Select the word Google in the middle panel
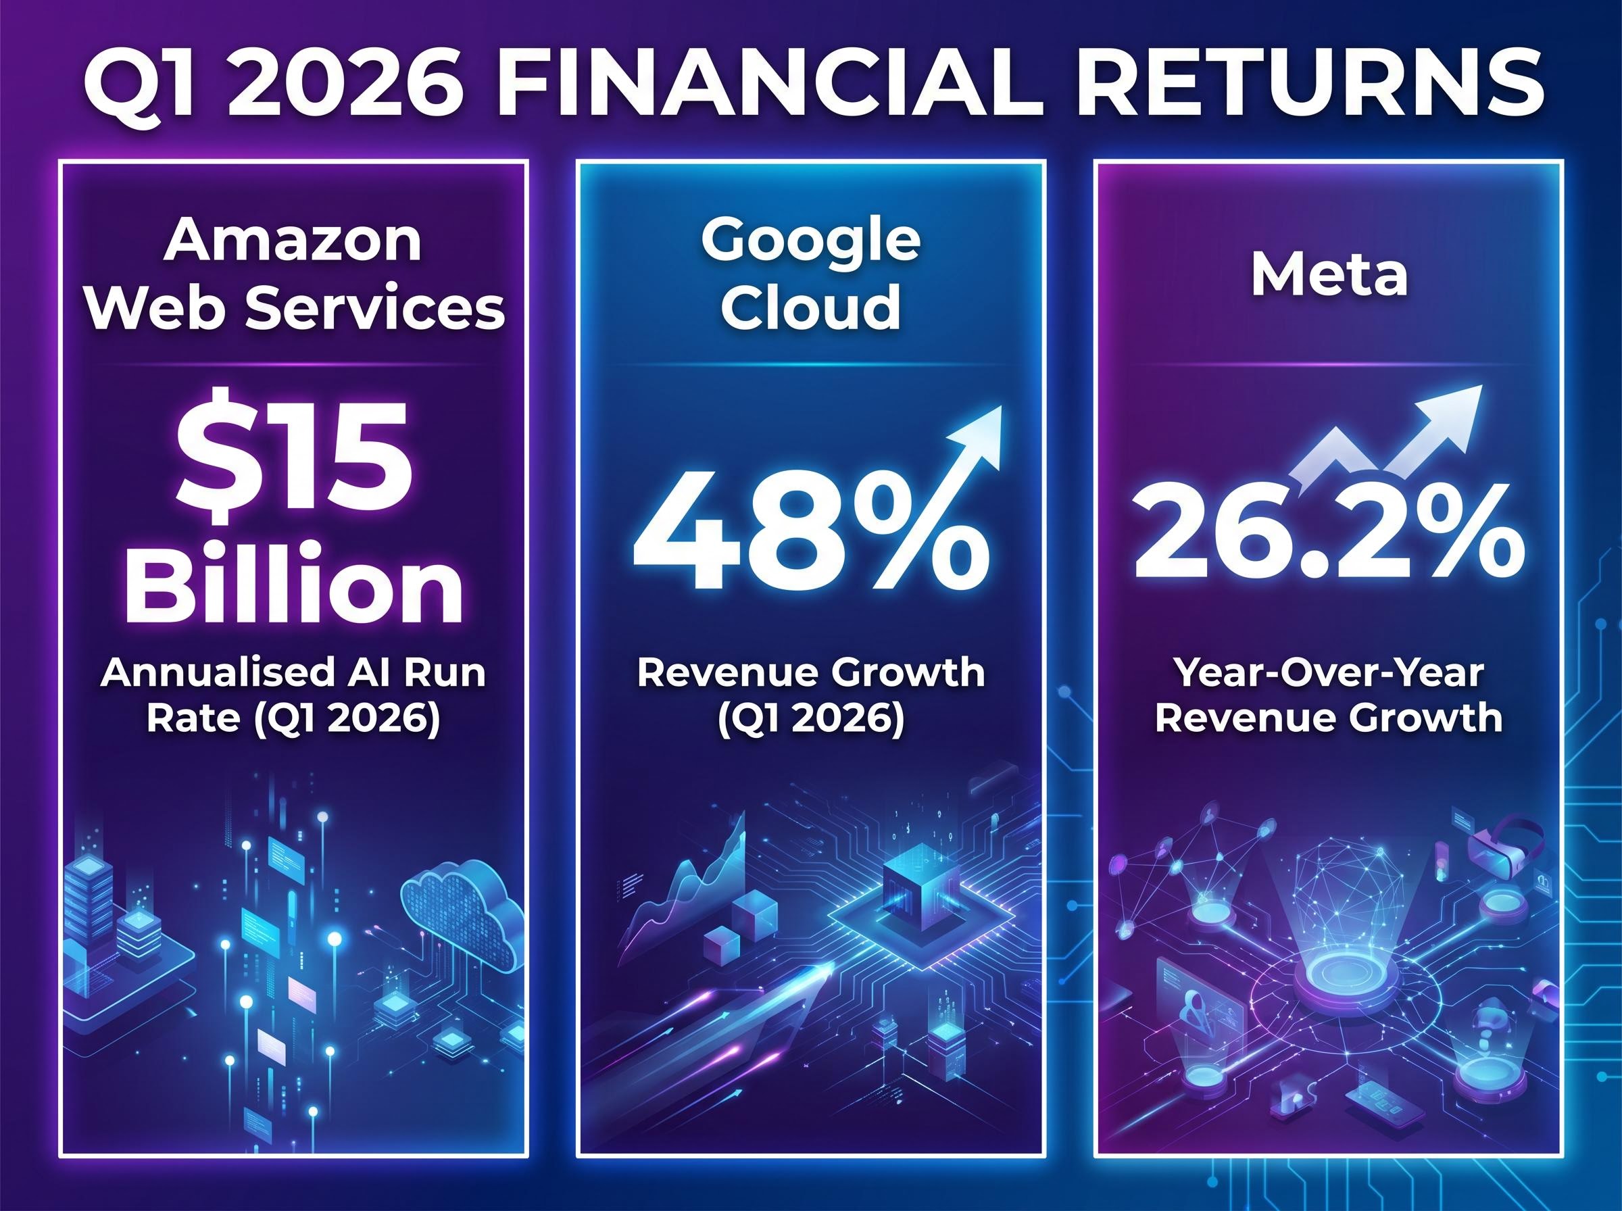point(810,242)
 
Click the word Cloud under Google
point(810,308)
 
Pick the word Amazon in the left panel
point(293,242)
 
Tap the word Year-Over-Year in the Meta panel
point(1328,672)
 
